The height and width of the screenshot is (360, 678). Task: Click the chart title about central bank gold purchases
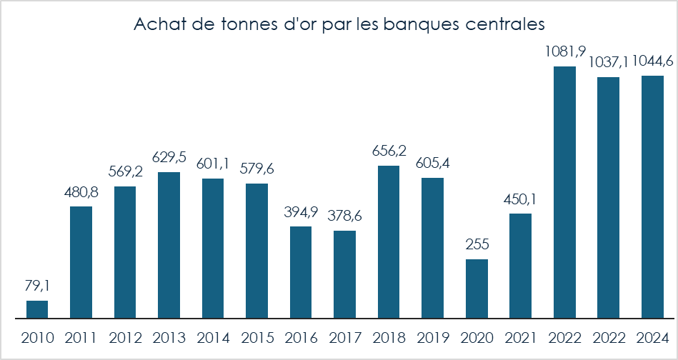[339, 24]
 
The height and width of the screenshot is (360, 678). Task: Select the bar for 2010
[37, 309]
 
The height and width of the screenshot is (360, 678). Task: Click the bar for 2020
[477, 289]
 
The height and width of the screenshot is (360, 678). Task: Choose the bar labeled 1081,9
[564, 192]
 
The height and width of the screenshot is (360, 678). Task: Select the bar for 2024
[652, 197]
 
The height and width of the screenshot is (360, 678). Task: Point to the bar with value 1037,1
[609, 197]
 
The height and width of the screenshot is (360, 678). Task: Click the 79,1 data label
[37, 286]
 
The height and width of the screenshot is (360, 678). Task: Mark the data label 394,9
[301, 212]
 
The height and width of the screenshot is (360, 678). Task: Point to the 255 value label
[477, 244]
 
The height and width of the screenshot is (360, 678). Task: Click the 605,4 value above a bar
[432, 164]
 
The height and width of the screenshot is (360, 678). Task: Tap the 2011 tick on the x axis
[81, 337]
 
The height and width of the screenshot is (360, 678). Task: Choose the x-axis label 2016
[301, 337]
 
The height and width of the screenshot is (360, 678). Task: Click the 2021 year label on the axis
[521, 337]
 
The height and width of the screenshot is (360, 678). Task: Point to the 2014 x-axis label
[213, 337]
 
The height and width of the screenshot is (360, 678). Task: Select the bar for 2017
[345, 274]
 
